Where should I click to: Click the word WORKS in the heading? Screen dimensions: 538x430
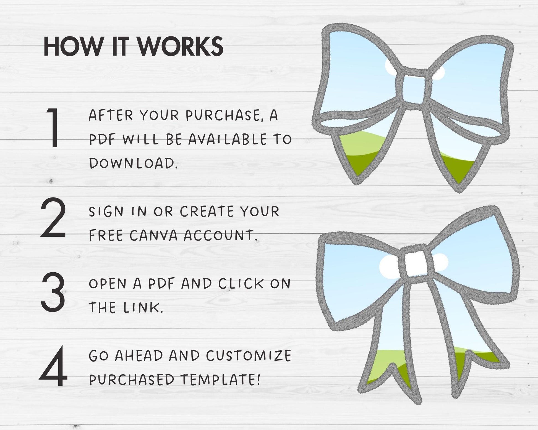[181, 46]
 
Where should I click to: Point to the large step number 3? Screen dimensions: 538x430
[53, 292]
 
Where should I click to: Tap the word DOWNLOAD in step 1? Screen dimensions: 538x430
[133, 163]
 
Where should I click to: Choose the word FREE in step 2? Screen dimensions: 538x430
[106, 236]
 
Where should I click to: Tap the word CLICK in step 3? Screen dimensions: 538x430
[241, 284]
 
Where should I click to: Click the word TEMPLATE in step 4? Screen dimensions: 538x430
[220, 380]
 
